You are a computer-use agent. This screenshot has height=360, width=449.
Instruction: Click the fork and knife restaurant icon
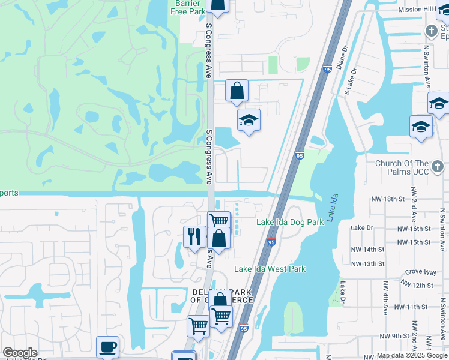[194, 236]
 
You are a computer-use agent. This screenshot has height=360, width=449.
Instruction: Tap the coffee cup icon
[107, 346]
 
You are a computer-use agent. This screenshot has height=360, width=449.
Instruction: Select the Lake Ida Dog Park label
[290, 222]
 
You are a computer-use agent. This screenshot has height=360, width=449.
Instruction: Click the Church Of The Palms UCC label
[409, 167]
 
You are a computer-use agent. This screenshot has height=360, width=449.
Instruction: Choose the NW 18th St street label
[385, 198]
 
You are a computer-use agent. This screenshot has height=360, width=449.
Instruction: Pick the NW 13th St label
[367, 264]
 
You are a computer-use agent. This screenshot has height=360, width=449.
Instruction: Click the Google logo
[20, 353]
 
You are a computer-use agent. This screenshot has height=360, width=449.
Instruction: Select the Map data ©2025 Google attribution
[412, 355]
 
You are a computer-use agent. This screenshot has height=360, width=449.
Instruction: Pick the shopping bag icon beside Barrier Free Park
[217, 5]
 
